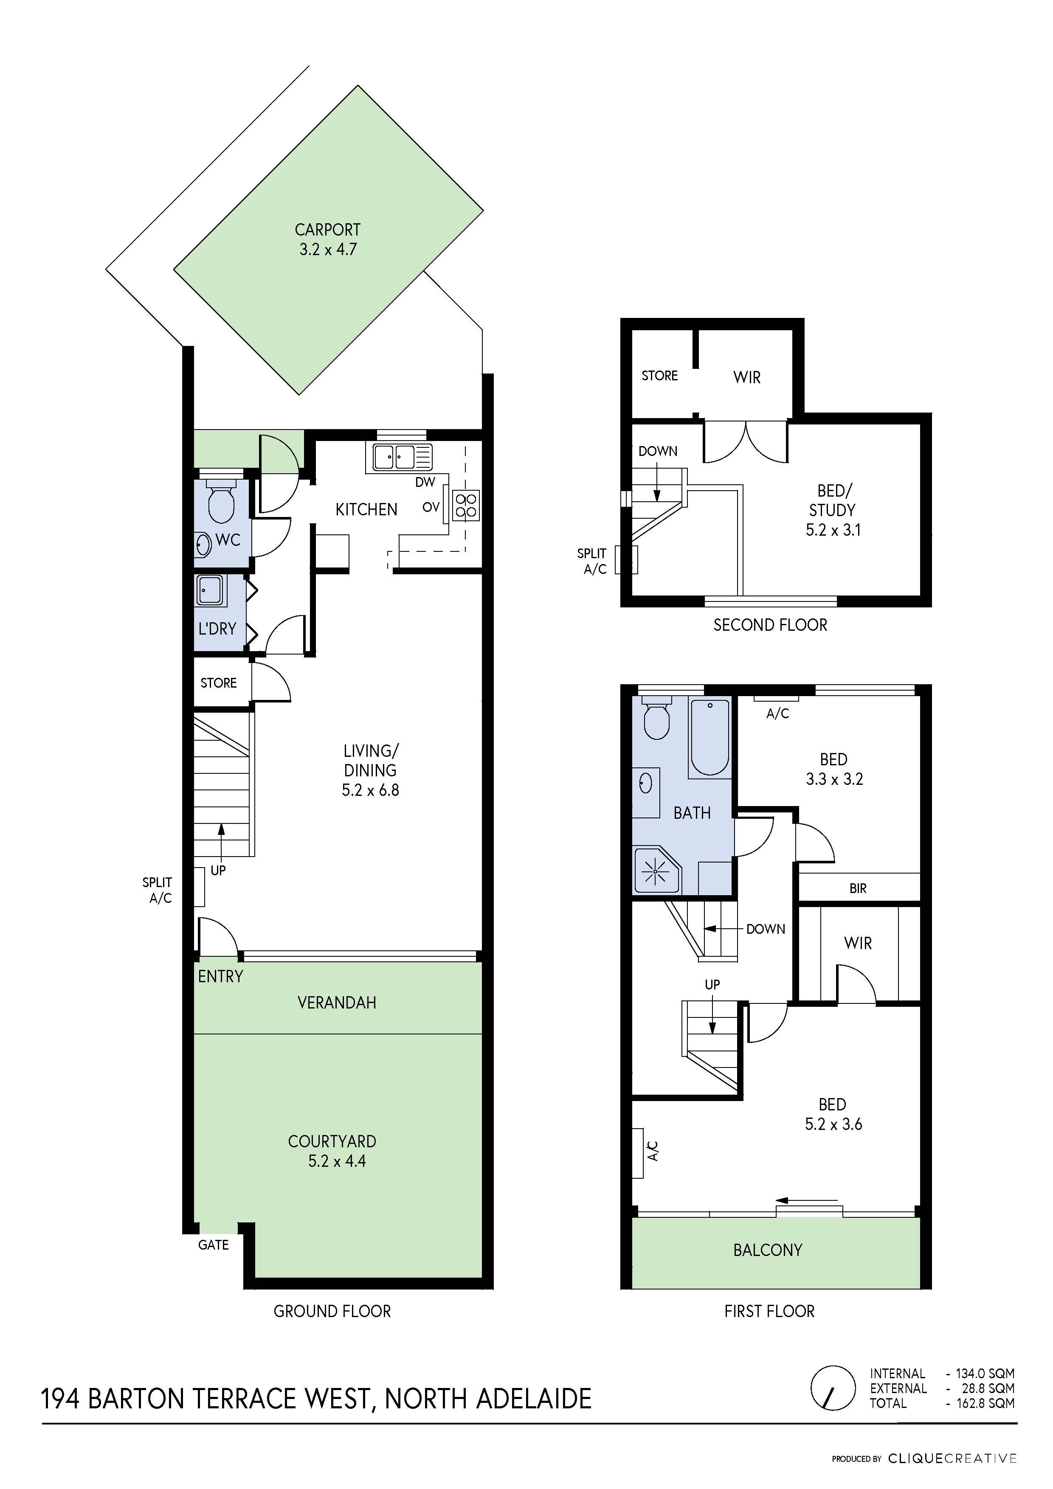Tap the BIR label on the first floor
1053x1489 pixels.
click(857, 888)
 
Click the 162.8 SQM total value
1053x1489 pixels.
click(985, 1403)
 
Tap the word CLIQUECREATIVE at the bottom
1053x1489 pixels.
click(952, 1458)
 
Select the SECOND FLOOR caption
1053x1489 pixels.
click(770, 625)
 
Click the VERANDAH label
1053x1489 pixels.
click(336, 1003)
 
